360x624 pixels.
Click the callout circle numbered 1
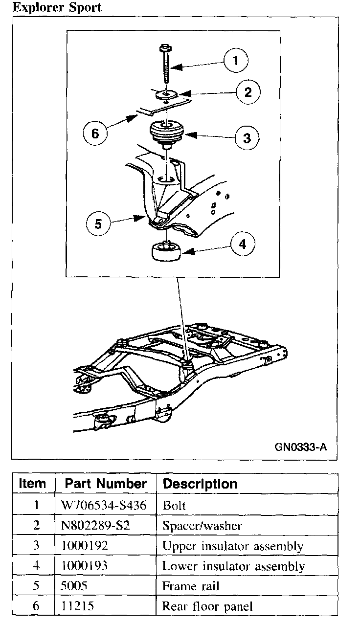point(236,61)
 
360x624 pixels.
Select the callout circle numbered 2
point(248,92)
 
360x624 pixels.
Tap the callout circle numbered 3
point(247,137)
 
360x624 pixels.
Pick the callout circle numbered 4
point(243,245)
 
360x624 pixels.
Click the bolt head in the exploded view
point(163,48)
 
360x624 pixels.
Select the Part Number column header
point(106,484)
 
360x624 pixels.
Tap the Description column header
point(200,484)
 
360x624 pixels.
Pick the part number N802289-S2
point(95,526)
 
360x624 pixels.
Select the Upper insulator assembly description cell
point(233,546)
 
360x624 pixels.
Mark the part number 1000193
point(85,566)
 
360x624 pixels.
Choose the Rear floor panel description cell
point(207,607)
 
